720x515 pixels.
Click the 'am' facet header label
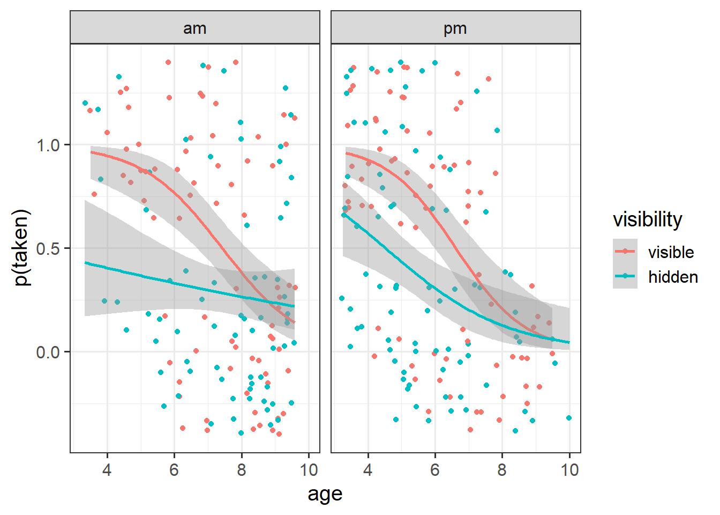pyautogui.click(x=194, y=28)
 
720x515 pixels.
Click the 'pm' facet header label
pyautogui.click(x=455, y=28)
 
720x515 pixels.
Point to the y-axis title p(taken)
pyautogui.click(x=21, y=247)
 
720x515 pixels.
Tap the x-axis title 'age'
pyautogui.click(x=325, y=494)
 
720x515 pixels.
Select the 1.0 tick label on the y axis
pyautogui.click(x=49, y=145)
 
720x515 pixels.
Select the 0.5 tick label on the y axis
pyautogui.click(x=49, y=248)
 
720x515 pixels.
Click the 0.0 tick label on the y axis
pyautogui.click(x=49, y=352)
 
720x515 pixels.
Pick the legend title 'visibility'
pyautogui.click(x=647, y=219)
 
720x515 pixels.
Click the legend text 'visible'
pyautogui.click(x=671, y=252)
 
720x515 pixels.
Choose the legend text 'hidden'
pyautogui.click(x=673, y=277)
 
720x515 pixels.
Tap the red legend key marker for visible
pyautogui.click(x=625, y=251)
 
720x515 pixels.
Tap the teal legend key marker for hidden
pyautogui.click(x=625, y=276)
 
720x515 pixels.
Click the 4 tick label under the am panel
pyautogui.click(x=107, y=470)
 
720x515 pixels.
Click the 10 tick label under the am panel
pyautogui.click(x=309, y=470)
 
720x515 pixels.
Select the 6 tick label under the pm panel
pyautogui.click(x=435, y=470)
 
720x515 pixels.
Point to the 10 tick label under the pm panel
pyautogui.click(x=569, y=470)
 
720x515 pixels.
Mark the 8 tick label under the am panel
pyautogui.click(x=242, y=470)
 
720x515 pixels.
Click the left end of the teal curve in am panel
pyautogui.click(x=85, y=263)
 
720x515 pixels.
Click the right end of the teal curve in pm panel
pyautogui.click(x=569, y=342)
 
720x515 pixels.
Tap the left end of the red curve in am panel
pyautogui.click(x=91, y=152)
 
